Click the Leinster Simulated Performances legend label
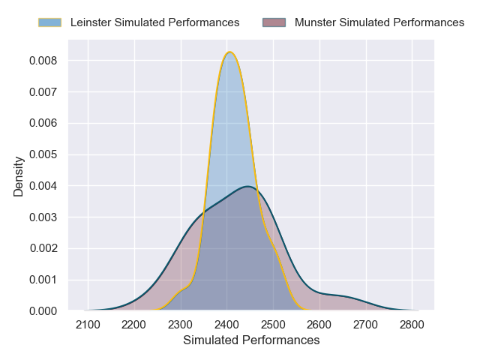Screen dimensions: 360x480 tap(154, 22)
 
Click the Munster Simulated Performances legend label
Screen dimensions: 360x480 tap(379, 22)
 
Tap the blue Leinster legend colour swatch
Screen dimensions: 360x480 tap(50, 22)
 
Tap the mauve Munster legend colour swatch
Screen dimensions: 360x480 tap(274, 22)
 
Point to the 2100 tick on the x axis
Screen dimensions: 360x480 tap(88, 324)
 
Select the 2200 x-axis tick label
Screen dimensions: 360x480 tap(134, 324)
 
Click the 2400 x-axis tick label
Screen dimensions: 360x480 tap(227, 324)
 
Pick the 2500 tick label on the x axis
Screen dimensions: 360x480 tap(273, 324)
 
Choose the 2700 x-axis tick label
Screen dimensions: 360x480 tap(366, 324)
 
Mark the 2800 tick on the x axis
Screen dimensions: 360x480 tap(412, 324)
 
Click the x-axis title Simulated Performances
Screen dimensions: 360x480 tap(251, 340)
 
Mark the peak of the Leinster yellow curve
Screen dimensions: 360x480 tap(230, 52)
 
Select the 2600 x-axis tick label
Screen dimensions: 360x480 tap(319, 324)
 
